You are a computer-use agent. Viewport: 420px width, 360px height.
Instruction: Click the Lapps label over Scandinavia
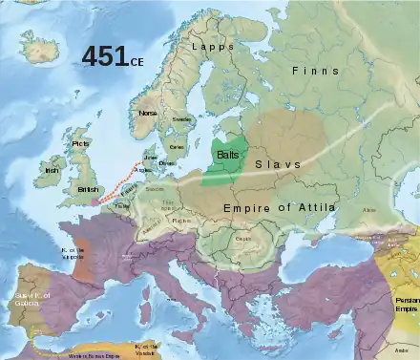pyautogui.click(x=212, y=46)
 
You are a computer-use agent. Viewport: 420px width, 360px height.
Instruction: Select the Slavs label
pyautogui.click(x=278, y=164)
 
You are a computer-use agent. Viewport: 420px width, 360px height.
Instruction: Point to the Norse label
pyautogui.click(x=147, y=113)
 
